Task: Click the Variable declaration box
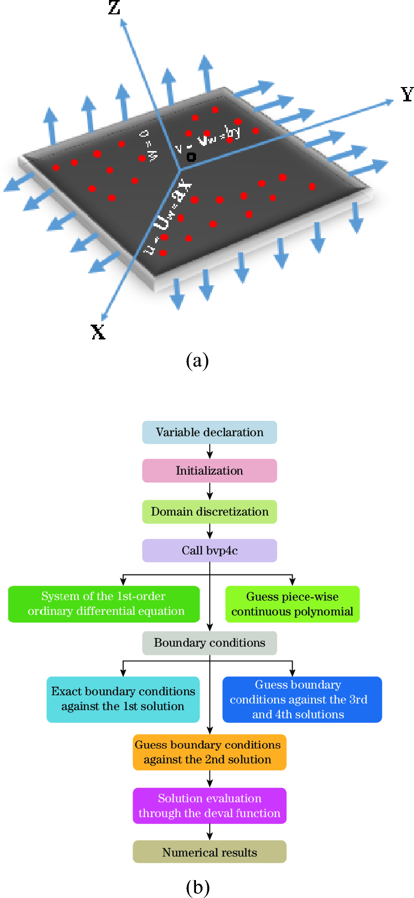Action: click(209, 432)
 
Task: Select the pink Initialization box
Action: click(209, 471)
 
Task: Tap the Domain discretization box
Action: click(209, 511)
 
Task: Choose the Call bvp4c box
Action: click(209, 550)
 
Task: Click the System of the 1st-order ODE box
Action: click(104, 604)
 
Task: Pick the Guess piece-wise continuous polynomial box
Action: click(292, 604)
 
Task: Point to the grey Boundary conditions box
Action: click(209, 643)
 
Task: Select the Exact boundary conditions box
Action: click(123, 699)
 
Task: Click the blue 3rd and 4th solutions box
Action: click(302, 699)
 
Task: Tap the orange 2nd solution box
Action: click(209, 752)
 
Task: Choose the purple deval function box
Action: click(209, 805)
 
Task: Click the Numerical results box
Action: click(209, 852)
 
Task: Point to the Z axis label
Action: click(114, 7)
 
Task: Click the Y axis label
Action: click(407, 94)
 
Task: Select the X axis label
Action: click(98, 332)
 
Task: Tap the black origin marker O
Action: click(191, 157)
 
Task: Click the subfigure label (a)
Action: click(198, 360)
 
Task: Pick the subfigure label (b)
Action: click(198, 887)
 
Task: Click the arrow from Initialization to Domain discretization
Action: click(209, 491)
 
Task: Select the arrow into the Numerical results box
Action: click(209, 831)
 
